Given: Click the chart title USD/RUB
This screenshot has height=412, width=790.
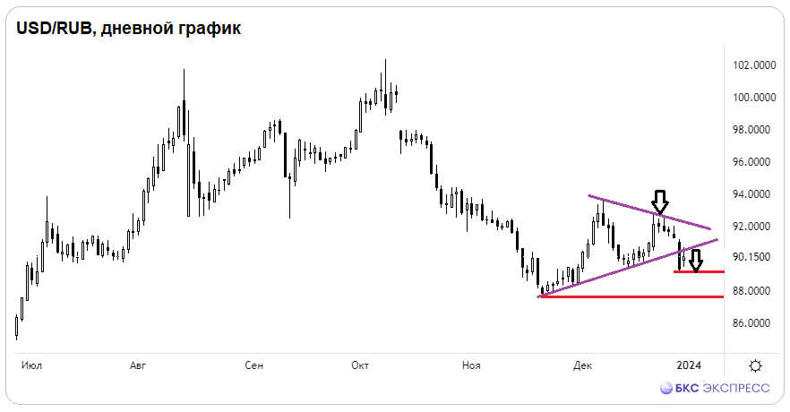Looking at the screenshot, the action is [x=54, y=28].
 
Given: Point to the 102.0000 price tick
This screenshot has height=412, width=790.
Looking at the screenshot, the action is [x=754, y=65].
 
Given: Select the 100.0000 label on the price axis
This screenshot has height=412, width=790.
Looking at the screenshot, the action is [x=754, y=98].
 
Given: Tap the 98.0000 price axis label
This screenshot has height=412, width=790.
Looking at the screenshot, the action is [x=754, y=130].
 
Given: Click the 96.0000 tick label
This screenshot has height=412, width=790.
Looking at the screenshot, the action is [x=754, y=162].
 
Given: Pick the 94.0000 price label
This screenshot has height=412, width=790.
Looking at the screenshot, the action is [x=754, y=194].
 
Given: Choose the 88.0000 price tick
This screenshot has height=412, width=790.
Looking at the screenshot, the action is [x=754, y=291].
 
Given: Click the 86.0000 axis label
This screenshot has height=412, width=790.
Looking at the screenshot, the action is [x=754, y=323].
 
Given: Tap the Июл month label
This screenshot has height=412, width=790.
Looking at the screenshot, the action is [x=31, y=365].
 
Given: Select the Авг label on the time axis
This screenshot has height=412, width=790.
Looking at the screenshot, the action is [x=138, y=365].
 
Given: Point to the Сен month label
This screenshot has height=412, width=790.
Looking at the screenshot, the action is [x=254, y=365].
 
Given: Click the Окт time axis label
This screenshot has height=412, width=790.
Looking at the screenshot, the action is [x=360, y=365].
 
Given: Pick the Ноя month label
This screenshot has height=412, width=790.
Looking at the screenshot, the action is [x=471, y=365].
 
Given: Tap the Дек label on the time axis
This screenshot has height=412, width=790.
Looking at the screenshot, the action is [x=582, y=365].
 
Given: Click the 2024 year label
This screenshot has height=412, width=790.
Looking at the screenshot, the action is [x=689, y=365].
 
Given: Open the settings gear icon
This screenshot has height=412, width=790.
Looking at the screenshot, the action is [x=755, y=365].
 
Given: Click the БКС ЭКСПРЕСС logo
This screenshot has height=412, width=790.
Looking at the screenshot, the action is [x=715, y=388].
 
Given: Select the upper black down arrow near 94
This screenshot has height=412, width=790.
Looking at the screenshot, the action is [x=660, y=202].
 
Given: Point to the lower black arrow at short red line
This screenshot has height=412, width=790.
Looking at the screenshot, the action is [x=696, y=262].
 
